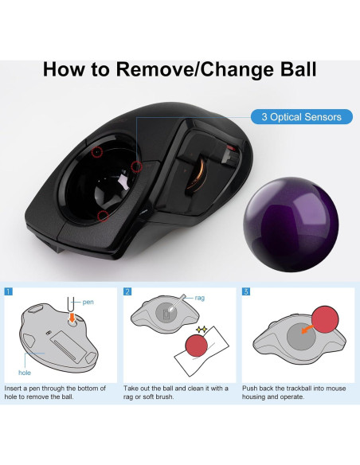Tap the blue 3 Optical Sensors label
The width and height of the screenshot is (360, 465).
301,117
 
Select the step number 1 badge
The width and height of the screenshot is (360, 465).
8,291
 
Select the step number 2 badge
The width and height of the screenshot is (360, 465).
127,291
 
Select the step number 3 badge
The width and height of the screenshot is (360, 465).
246,291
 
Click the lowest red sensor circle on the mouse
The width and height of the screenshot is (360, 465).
101,215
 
